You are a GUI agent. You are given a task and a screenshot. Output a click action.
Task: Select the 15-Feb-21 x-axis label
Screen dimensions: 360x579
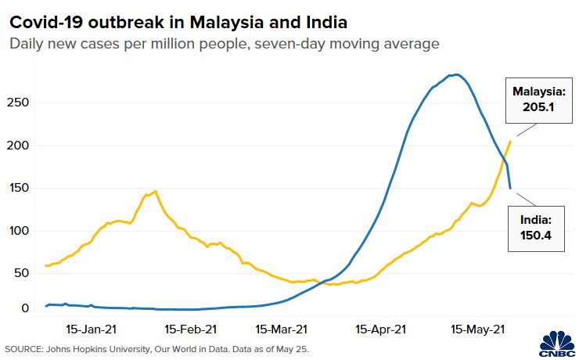[x=192, y=329]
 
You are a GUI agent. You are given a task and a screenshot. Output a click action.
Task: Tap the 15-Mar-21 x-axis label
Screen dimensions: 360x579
[x=281, y=329]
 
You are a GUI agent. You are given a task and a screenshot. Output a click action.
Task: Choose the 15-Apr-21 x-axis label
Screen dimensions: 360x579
[x=381, y=329]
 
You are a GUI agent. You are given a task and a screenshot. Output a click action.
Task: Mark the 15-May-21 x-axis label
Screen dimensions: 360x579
[x=476, y=329]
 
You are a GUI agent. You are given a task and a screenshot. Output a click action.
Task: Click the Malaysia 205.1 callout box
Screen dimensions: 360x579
[x=534, y=100]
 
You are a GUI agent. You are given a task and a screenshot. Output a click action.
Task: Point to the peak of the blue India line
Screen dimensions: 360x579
[x=456, y=75]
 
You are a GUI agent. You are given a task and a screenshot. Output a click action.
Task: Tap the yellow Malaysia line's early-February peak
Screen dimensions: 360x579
[x=155, y=191]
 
